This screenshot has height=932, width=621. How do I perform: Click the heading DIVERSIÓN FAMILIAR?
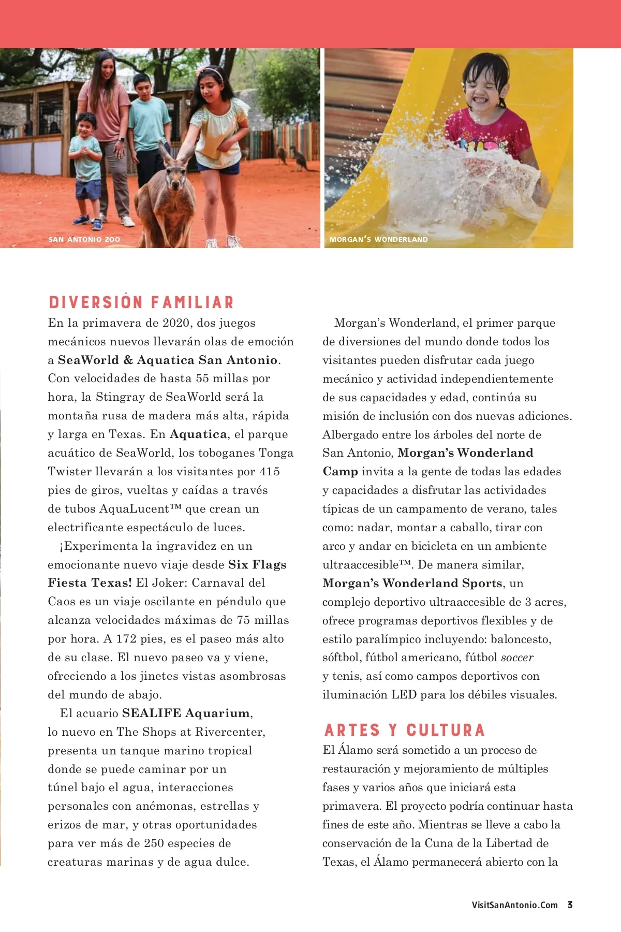pyautogui.click(x=141, y=302)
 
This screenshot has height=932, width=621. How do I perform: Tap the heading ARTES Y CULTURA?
pyautogui.click(x=404, y=730)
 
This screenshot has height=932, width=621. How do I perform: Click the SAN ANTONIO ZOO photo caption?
pyautogui.click(x=84, y=239)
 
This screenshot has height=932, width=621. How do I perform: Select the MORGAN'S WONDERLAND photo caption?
pyautogui.click(x=379, y=239)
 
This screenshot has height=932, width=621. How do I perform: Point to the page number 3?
pyautogui.click(x=570, y=905)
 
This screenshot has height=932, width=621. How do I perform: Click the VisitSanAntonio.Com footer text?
pyautogui.click(x=514, y=905)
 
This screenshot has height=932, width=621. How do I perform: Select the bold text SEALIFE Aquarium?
pyautogui.click(x=186, y=713)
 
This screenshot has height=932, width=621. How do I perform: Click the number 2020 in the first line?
pyautogui.click(x=176, y=323)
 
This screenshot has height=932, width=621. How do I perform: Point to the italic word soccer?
pyautogui.click(x=517, y=658)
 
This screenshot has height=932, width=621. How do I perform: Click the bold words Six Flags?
pyautogui.click(x=257, y=564)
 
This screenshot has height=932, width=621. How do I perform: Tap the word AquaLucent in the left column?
pyautogui.click(x=135, y=508)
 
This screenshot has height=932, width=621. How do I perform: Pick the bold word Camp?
pyautogui.click(x=340, y=472)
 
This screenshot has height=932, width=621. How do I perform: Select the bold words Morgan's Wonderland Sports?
pyautogui.click(x=412, y=584)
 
